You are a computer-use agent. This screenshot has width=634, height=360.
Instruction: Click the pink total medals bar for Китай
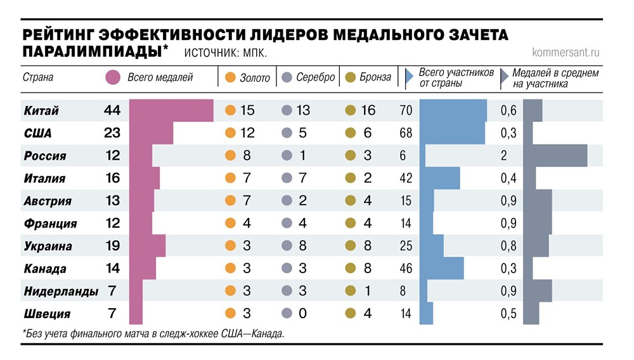coord(171,111)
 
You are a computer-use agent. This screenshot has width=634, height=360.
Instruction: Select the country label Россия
coord(44,156)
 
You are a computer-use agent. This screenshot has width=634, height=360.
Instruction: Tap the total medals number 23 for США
coord(112,133)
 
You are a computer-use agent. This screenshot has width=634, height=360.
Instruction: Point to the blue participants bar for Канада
coord(442,268)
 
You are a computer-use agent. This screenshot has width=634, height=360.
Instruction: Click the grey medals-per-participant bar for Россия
coord(555,156)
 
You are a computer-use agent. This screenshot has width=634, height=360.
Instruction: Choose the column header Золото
coord(254,78)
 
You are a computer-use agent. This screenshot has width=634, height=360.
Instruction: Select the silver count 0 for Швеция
coord(301,314)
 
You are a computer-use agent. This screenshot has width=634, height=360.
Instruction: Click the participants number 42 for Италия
coord(406,179)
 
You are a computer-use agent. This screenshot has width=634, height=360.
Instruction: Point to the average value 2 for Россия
coord(504,156)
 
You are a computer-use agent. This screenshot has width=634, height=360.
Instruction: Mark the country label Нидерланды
coord(61,292)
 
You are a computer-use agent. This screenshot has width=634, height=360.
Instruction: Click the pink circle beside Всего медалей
coord(113,78)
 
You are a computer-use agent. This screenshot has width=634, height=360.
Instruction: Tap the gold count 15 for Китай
coord(247,111)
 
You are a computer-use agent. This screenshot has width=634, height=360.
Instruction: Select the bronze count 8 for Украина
coord(368,246)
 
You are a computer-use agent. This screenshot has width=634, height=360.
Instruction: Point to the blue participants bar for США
coord(452,133)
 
